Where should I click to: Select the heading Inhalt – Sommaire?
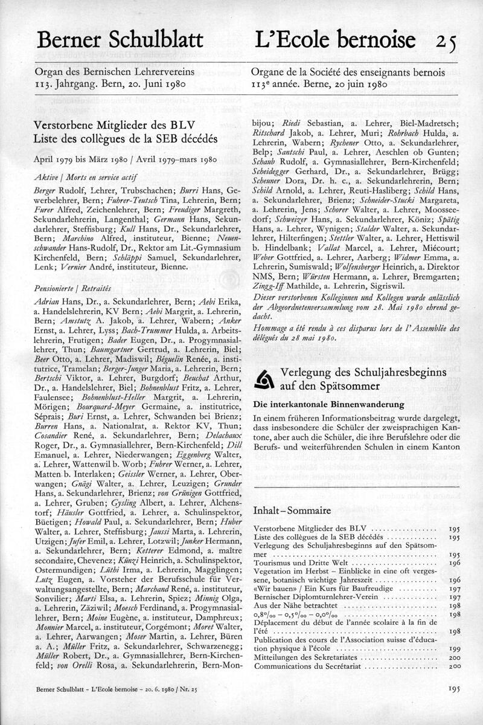click(293, 511)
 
